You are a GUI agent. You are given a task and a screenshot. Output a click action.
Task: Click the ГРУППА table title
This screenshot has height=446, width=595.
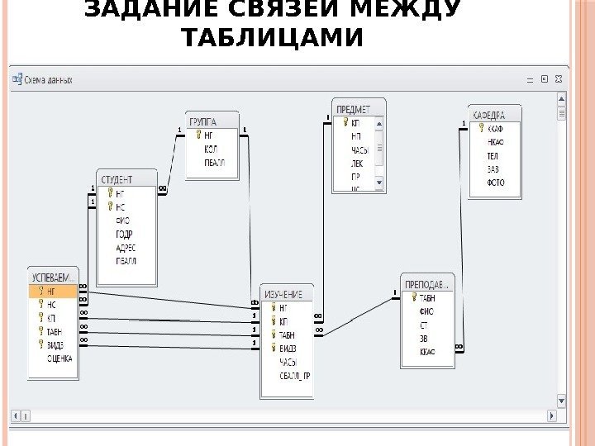tap(203, 121)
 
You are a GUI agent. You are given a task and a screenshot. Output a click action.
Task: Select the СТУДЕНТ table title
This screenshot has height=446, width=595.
tap(117, 179)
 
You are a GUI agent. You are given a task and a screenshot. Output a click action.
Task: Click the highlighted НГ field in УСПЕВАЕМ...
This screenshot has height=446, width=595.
tap(51, 291)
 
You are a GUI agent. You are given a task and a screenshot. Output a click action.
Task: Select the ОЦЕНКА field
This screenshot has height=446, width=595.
tap(59, 358)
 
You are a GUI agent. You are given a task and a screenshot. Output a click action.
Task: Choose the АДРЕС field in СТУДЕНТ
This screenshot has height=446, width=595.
tap(126, 247)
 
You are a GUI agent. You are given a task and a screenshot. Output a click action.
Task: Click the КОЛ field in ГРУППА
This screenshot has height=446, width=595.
tap(211, 149)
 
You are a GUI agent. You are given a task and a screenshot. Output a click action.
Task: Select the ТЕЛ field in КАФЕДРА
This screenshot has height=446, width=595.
tap(493, 154)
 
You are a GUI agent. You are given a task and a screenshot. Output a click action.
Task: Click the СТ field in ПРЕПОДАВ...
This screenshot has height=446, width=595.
tap(423, 325)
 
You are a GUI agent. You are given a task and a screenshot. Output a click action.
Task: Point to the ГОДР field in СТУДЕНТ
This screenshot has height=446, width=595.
tap(124, 234)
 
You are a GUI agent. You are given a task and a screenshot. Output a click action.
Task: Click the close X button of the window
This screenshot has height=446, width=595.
tap(558, 79)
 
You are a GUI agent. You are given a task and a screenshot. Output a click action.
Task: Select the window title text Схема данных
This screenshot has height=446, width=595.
tap(49, 80)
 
